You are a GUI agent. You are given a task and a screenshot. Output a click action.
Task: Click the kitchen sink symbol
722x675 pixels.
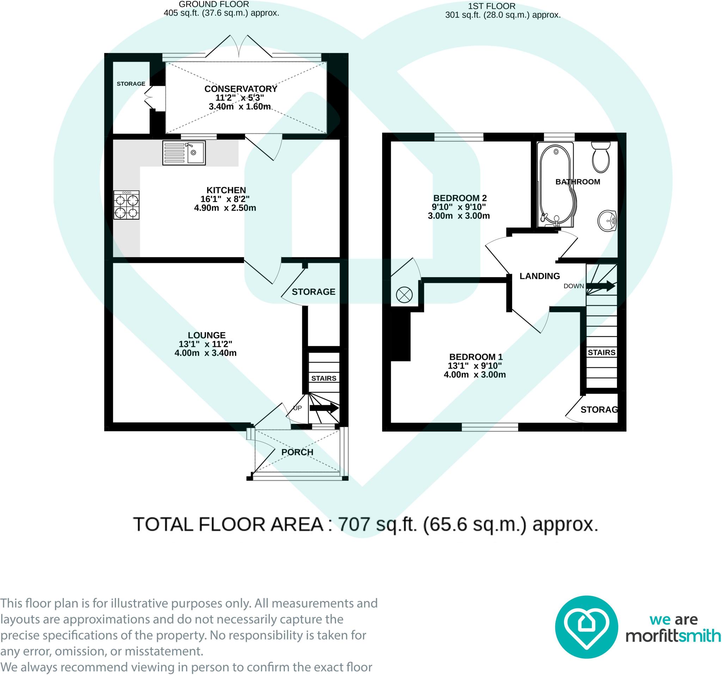(x=184, y=153)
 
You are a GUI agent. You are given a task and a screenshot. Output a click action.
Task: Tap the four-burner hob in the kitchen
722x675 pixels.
(x=127, y=205)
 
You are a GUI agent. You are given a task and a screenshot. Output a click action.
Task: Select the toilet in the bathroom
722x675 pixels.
(x=601, y=157)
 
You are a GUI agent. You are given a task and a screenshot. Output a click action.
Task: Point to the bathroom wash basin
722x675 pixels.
(x=607, y=220)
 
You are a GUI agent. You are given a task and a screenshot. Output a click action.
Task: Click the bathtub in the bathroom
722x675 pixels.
(x=556, y=184)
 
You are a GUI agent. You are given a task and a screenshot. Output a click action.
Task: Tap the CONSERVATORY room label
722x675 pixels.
(x=241, y=89)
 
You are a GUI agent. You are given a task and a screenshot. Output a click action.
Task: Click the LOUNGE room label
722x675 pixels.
(x=207, y=335)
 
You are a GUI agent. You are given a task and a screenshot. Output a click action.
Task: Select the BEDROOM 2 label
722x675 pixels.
(x=460, y=198)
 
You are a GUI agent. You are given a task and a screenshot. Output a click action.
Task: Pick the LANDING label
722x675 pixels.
(x=540, y=276)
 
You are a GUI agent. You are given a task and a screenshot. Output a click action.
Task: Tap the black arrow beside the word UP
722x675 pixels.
(x=324, y=408)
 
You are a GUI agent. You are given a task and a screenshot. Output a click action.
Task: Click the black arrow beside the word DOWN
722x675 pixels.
(x=601, y=286)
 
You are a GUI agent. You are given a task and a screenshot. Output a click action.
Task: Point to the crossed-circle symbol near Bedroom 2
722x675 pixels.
(x=404, y=294)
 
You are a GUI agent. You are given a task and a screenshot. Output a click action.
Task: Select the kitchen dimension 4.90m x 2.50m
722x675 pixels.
(x=225, y=208)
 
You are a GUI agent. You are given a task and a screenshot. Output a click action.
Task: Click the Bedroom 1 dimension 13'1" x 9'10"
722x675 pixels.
(x=475, y=366)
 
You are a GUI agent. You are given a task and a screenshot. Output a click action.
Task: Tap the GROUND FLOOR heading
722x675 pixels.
(x=214, y=4)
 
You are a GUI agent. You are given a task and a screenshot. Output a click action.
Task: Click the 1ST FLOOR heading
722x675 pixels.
(x=491, y=6)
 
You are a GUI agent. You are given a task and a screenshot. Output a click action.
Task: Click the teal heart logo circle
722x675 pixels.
(x=587, y=627)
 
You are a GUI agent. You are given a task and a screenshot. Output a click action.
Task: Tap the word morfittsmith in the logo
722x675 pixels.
(x=673, y=636)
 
